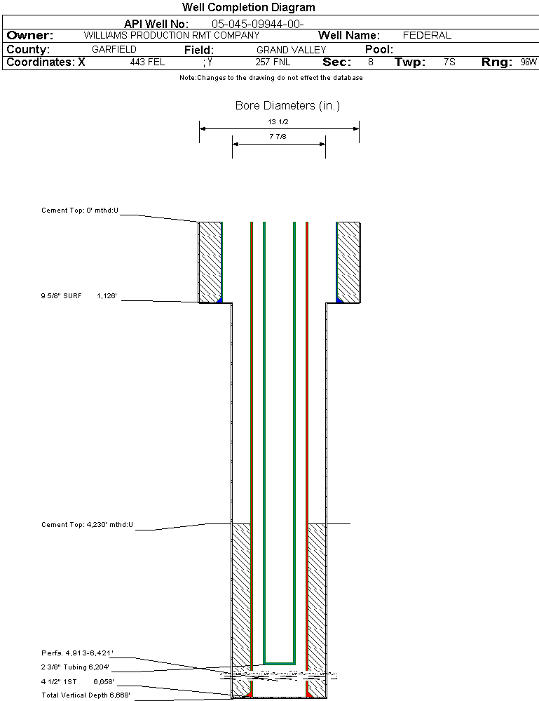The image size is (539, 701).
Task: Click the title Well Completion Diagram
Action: tap(249, 8)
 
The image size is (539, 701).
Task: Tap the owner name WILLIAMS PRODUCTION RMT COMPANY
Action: tap(171, 35)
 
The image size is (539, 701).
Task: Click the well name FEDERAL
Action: tap(427, 35)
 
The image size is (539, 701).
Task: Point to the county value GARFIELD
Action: tap(114, 50)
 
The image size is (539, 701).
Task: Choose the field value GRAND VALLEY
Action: tap(291, 50)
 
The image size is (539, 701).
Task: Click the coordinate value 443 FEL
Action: tap(147, 62)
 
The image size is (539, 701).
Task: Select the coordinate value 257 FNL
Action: tap(273, 62)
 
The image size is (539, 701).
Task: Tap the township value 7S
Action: tap(449, 62)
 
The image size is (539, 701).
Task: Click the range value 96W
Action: tap(528, 62)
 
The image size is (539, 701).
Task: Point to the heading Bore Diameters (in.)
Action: tap(287, 106)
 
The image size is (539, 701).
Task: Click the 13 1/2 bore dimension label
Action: tap(278, 121)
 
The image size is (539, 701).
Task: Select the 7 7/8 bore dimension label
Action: tap(278, 137)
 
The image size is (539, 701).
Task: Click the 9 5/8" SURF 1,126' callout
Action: tap(78, 296)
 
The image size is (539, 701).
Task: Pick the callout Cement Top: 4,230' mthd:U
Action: tap(87, 524)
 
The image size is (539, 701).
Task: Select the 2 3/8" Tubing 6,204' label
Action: tap(75, 667)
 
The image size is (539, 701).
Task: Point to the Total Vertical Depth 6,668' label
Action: tap(86, 695)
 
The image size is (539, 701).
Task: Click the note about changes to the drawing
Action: tap(271, 78)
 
